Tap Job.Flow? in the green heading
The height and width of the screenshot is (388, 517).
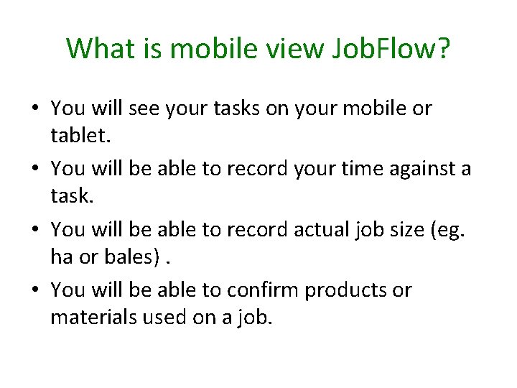[x=391, y=49]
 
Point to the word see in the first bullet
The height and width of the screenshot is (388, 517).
[x=148, y=108]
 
